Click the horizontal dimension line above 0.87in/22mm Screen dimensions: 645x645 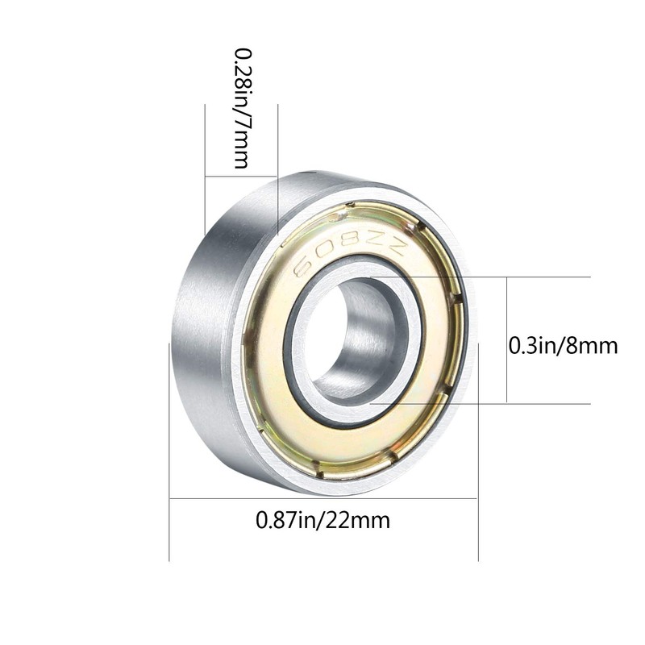coord(322,498)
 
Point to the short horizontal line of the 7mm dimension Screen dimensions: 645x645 coord(242,176)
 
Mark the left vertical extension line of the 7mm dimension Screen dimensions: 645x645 coord(206,161)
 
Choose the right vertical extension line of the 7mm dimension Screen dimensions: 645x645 coord(278,161)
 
